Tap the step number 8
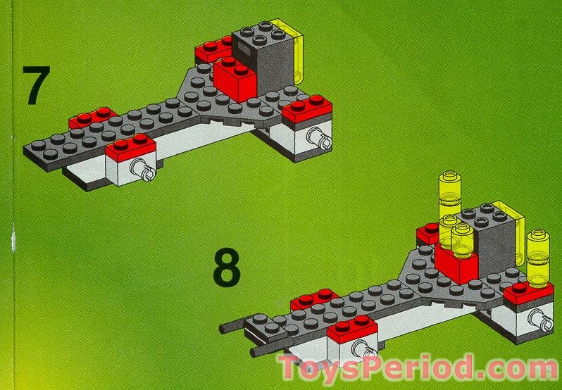tap(227, 269)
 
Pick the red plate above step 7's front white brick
tap(130, 147)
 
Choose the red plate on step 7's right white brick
tap(308, 108)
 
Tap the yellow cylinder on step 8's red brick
tap(463, 241)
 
